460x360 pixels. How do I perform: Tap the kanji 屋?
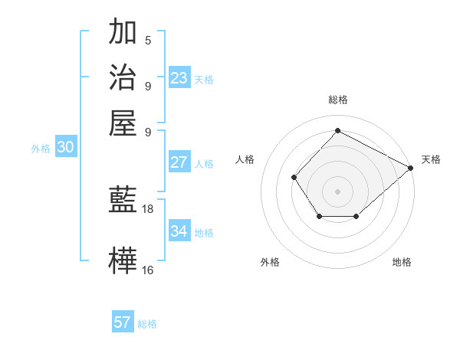click(x=123, y=123)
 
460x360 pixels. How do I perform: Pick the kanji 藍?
click(x=123, y=201)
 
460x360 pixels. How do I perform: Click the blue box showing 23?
click(x=179, y=78)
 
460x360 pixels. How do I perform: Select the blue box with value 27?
click(x=179, y=162)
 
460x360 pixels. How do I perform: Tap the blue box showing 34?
click(x=179, y=231)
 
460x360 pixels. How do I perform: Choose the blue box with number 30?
click(x=65, y=148)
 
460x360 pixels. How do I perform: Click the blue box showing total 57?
click(x=122, y=322)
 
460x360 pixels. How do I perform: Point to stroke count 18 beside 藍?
click(x=148, y=208)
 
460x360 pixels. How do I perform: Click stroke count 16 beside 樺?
click(x=148, y=269)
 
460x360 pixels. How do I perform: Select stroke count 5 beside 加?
click(x=148, y=40)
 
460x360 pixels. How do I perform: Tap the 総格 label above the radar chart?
click(x=337, y=100)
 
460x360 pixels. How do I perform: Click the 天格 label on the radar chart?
click(x=431, y=159)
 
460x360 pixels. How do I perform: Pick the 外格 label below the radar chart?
click(x=270, y=262)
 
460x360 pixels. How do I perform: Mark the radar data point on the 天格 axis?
click(x=411, y=168)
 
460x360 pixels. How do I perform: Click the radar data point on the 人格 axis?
click(x=294, y=177)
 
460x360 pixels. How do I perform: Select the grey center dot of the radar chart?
click(x=337, y=191)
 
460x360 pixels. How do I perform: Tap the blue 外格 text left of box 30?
click(x=41, y=149)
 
